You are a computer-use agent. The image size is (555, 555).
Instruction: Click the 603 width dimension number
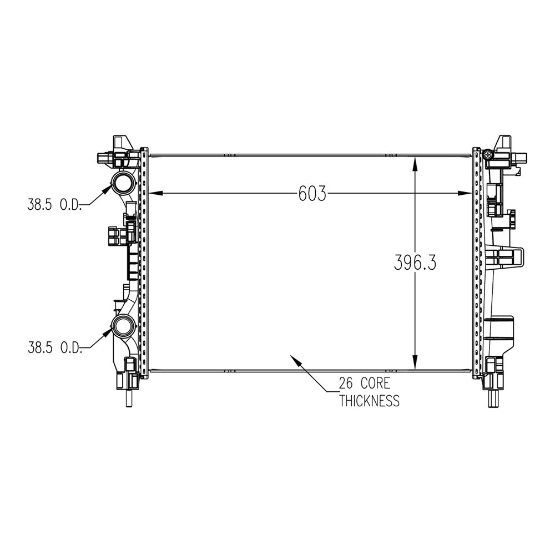tap(312, 194)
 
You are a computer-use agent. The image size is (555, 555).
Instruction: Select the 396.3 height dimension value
tap(415, 263)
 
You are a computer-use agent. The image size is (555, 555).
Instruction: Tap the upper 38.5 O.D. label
tap(54, 205)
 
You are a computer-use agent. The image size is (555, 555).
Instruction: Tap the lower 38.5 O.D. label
tap(55, 347)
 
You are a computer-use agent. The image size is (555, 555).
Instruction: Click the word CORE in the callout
tap(375, 384)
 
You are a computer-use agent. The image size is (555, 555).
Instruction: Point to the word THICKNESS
tap(370, 401)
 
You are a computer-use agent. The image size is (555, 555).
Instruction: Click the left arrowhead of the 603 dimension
tap(156, 193)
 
